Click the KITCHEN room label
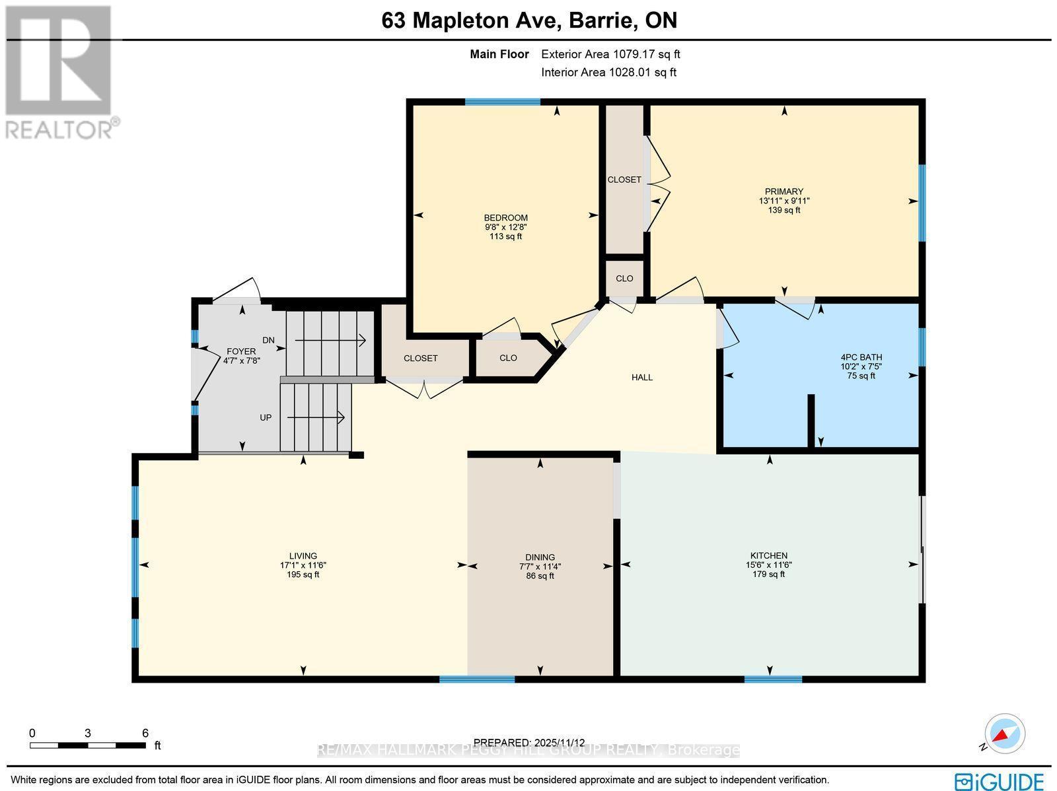click(x=768, y=555)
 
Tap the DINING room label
click(x=540, y=557)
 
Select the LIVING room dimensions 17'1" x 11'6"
click(x=303, y=565)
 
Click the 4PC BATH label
click(x=861, y=357)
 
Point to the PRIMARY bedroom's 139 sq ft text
click(x=784, y=210)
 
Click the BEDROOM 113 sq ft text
click(x=505, y=236)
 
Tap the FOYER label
click(x=241, y=351)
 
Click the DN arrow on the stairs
click(x=330, y=341)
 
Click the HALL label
click(x=641, y=377)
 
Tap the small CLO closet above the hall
click(x=624, y=278)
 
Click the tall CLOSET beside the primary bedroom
click(x=624, y=180)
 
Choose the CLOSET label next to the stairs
click(x=420, y=358)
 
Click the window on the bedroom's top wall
click(x=502, y=102)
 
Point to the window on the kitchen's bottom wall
click(x=773, y=679)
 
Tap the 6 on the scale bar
click(x=145, y=733)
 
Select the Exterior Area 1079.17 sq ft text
click(x=610, y=54)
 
